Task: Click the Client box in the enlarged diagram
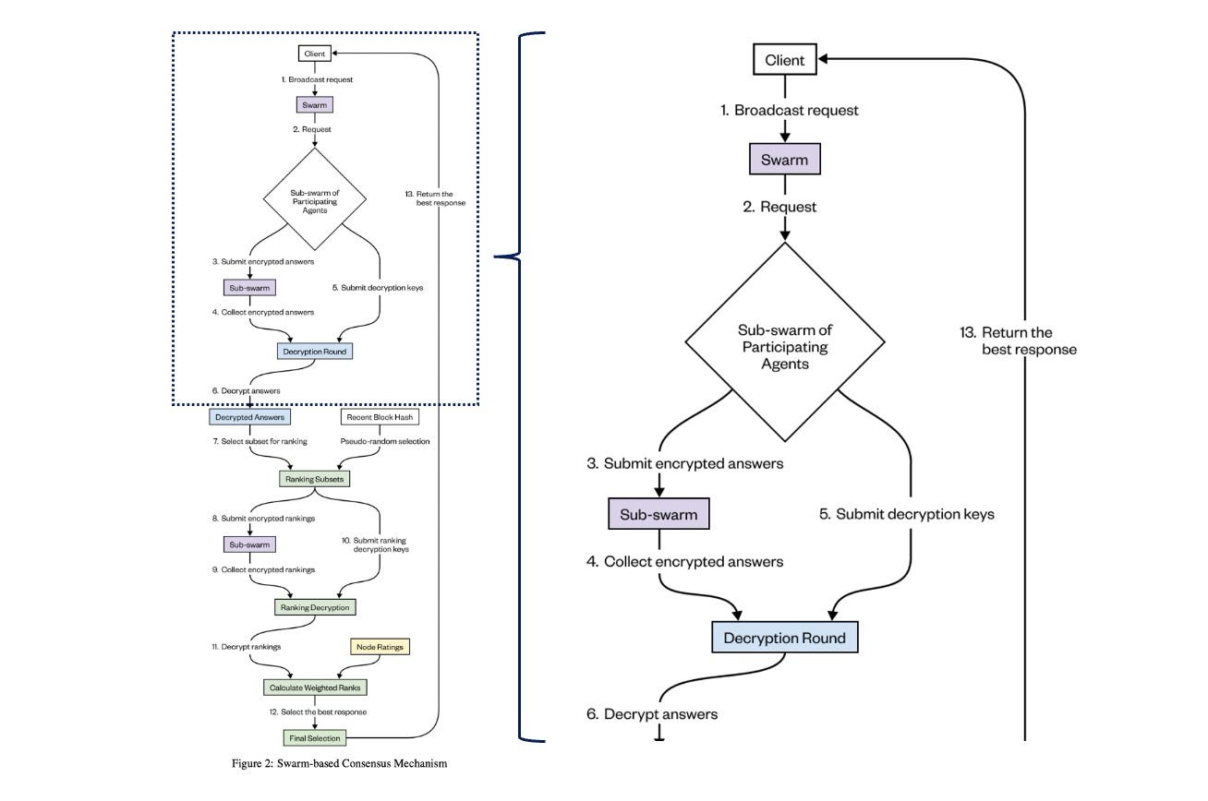tap(785, 61)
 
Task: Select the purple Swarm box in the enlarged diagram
tap(784, 159)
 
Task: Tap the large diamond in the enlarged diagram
tap(784, 341)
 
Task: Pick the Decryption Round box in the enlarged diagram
tap(784, 638)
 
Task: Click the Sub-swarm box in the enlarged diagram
tap(658, 513)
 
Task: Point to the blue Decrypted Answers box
tap(249, 417)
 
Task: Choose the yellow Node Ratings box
tap(379, 646)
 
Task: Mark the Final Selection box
tap(313, 737)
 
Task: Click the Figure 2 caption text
tap(339, 763)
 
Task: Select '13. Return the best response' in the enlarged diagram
tap(1018, 341)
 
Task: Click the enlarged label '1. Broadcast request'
tap(790, 111)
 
